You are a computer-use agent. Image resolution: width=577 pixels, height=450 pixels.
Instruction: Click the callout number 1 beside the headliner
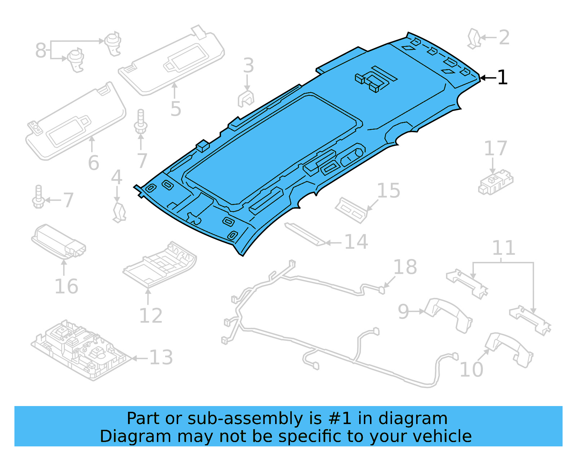tap(502, 77)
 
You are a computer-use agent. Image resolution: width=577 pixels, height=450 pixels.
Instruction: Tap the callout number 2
tap(504, 37)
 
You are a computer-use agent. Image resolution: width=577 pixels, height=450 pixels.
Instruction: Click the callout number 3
tap(248, 66)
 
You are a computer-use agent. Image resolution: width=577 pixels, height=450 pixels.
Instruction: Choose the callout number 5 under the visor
tap(176, 109)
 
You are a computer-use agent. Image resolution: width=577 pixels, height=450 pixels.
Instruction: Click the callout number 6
tap(93, 163)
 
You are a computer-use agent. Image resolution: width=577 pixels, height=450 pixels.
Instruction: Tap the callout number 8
tap(40, 50)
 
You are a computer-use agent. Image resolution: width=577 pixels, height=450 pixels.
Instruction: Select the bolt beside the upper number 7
tap(140, 122)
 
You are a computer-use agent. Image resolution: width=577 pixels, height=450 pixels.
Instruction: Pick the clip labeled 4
tap(119, 212)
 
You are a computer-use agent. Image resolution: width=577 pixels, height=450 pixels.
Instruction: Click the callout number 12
tap(151, 316)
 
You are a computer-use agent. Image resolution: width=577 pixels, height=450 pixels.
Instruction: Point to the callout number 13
tap(161, 358)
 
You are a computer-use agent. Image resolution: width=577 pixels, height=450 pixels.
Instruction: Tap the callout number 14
tap(356, 242)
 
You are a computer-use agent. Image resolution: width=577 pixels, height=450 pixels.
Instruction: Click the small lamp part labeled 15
tap(351, 210)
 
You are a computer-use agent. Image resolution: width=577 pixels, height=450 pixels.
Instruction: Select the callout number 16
tap(66, 287)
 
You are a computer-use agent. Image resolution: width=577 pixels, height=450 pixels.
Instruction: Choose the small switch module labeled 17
tap(495, 184)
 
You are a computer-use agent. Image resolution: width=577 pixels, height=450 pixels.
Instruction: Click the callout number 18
tap(405, 267)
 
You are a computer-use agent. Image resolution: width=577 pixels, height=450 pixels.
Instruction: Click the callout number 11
tap(503, 248)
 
